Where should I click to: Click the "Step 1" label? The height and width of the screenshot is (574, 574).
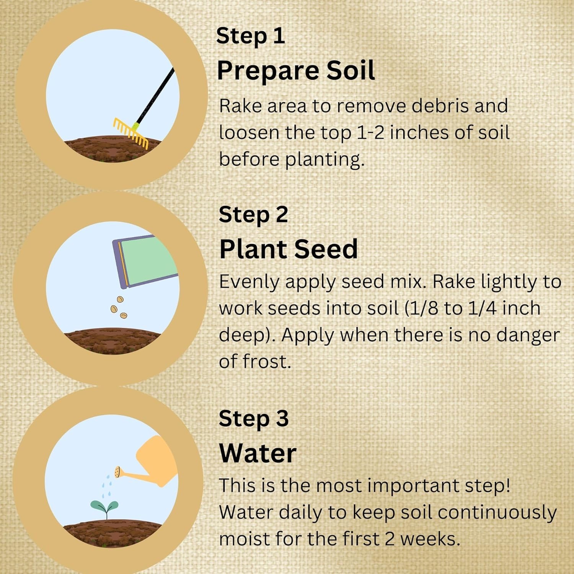click(251, 36)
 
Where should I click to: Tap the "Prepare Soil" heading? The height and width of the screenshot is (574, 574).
click(296, 70)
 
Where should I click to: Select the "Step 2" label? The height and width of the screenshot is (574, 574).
click(253, 215)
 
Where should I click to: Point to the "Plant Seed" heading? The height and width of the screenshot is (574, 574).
click(289, 249)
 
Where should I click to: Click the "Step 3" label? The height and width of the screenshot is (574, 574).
click(253, 419)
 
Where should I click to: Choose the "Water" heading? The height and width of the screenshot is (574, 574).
click(258, 453)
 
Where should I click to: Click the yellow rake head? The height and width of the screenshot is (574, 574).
click(131, 133)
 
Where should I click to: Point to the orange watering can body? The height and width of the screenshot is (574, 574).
click(157, 461)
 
